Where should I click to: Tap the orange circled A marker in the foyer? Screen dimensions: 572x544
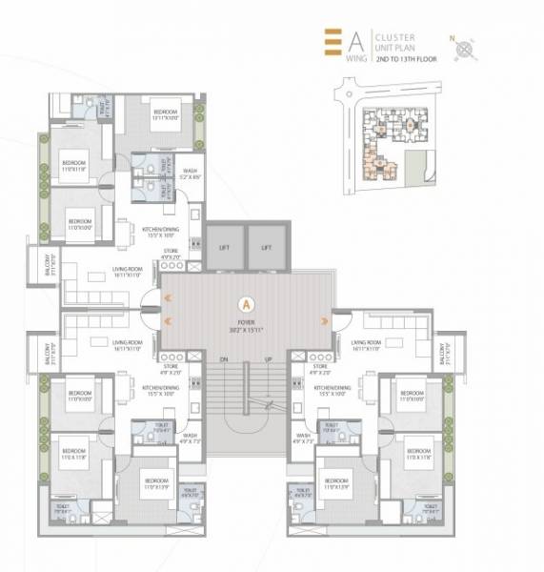pos(246,305)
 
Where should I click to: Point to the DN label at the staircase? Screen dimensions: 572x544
pos(225,360)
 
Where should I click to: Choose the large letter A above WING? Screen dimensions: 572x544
pos(354,41)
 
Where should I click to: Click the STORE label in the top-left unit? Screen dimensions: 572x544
pos(171,254)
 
